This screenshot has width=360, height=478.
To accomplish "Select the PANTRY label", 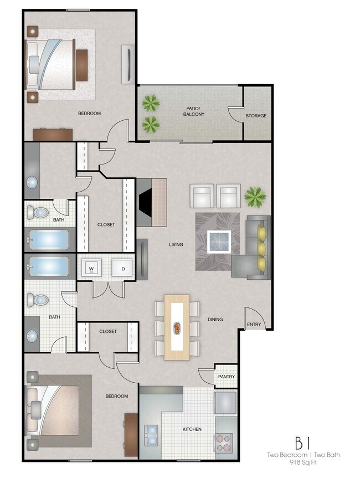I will pos(226,377).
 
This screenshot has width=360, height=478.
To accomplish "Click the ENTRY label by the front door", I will pos(254,325).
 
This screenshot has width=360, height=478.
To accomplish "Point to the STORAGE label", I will pos(256,116).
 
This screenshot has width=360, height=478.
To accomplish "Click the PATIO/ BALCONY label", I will pos(194,111).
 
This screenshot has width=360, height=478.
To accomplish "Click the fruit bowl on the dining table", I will pos(177,328).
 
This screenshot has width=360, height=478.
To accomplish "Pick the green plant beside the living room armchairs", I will pos(255,196).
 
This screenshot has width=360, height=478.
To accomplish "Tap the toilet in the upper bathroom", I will pos(39,212).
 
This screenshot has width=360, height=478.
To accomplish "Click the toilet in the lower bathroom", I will pos(39,300).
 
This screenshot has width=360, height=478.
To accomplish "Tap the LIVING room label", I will pos(176,244).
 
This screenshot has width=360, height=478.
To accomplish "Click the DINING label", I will pos(215,319).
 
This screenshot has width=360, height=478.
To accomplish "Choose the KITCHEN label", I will pos(192,429).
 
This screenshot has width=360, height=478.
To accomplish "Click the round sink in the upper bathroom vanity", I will pos(32,182).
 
